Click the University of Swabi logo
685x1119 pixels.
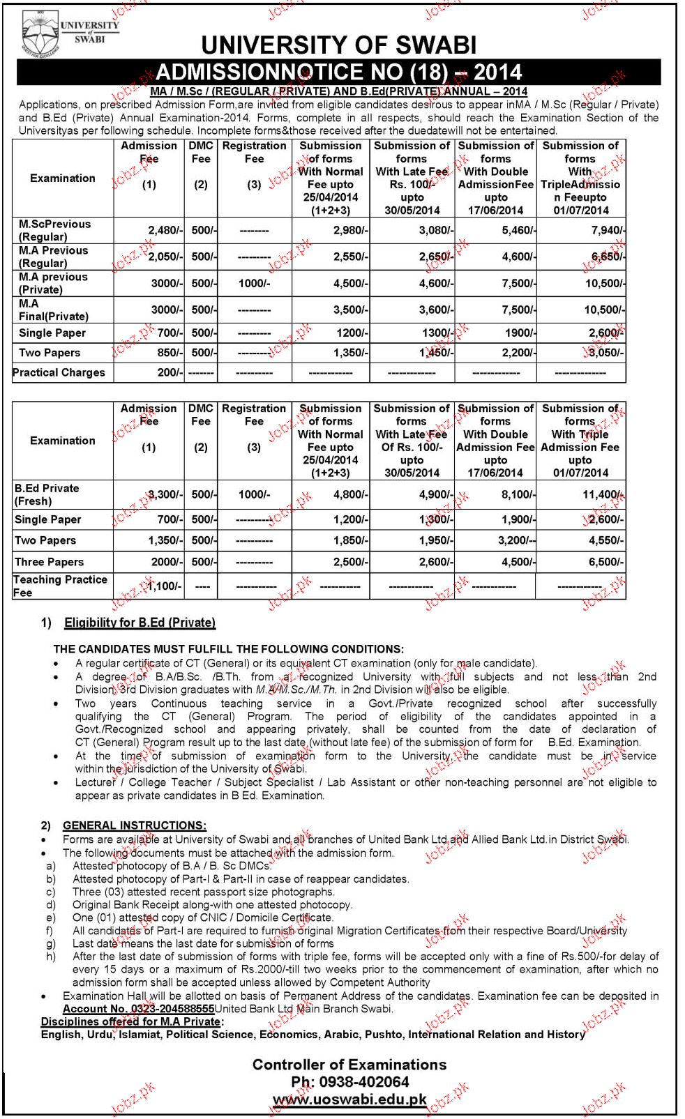click(x=69, y=34)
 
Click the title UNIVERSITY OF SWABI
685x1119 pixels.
click(x=339, y=45)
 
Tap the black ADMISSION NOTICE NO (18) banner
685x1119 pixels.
click(x=339, y=72)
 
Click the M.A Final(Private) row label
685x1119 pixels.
click(x=54, y=310)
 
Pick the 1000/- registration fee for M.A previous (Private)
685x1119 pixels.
click(x=254, y=283)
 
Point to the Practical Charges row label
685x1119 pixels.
click(x=59, y=372)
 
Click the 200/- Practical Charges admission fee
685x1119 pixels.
click(x=169, y=372)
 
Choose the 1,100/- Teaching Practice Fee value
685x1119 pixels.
click(x=165, y=586)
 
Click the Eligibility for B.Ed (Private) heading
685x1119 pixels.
click(x=140, y=623)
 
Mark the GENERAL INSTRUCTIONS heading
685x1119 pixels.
click(x=135, y=825)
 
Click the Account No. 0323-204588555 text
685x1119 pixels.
click(x=138, y=1009)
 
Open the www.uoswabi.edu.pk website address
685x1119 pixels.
click(x=349, y=1099)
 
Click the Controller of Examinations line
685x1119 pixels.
click(x=349, y=1065)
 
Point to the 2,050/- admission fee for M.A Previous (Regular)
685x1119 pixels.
click(x=165, y=257)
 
